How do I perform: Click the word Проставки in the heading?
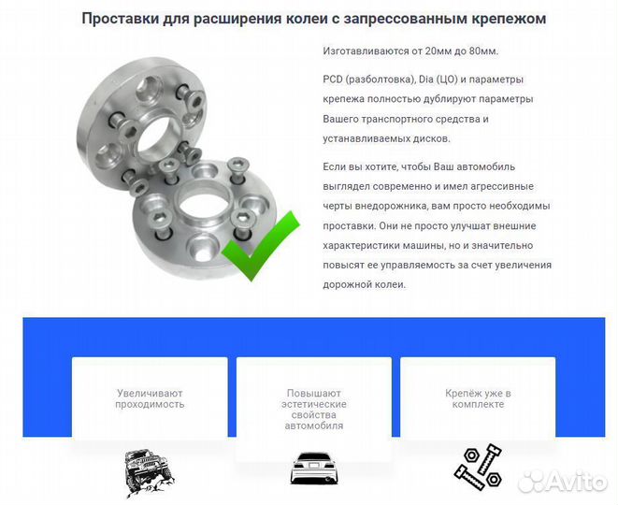[x=124, y=18]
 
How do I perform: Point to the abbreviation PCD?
[x=335, y=79]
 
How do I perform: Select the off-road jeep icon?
[x=151, y=472]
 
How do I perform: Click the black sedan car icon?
[x=313, y=468]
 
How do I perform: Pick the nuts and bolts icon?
[x=478, y=464]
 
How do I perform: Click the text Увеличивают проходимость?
[x=151, y=398]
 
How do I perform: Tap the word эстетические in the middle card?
[x=314, y=404]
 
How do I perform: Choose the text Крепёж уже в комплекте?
[x=478, y=398]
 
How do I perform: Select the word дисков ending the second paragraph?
[x=430, y=138]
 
